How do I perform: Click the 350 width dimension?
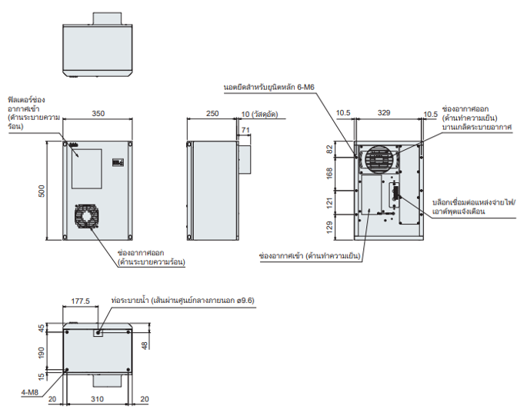(x=98, y=114)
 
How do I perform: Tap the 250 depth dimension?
(x=212, y=114)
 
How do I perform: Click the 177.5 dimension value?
(x=80, y=301)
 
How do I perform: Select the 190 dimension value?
(x=42, y=352)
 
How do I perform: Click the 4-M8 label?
(x=30, y=392)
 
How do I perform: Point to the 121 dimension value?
(x=332, y=203)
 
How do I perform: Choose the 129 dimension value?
(x=332, y=226)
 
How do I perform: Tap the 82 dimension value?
(x=332, y=149)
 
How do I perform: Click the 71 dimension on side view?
(x=245, y=131)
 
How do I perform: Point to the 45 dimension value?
(x=42, y=328)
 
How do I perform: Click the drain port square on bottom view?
(x=98, y=333)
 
